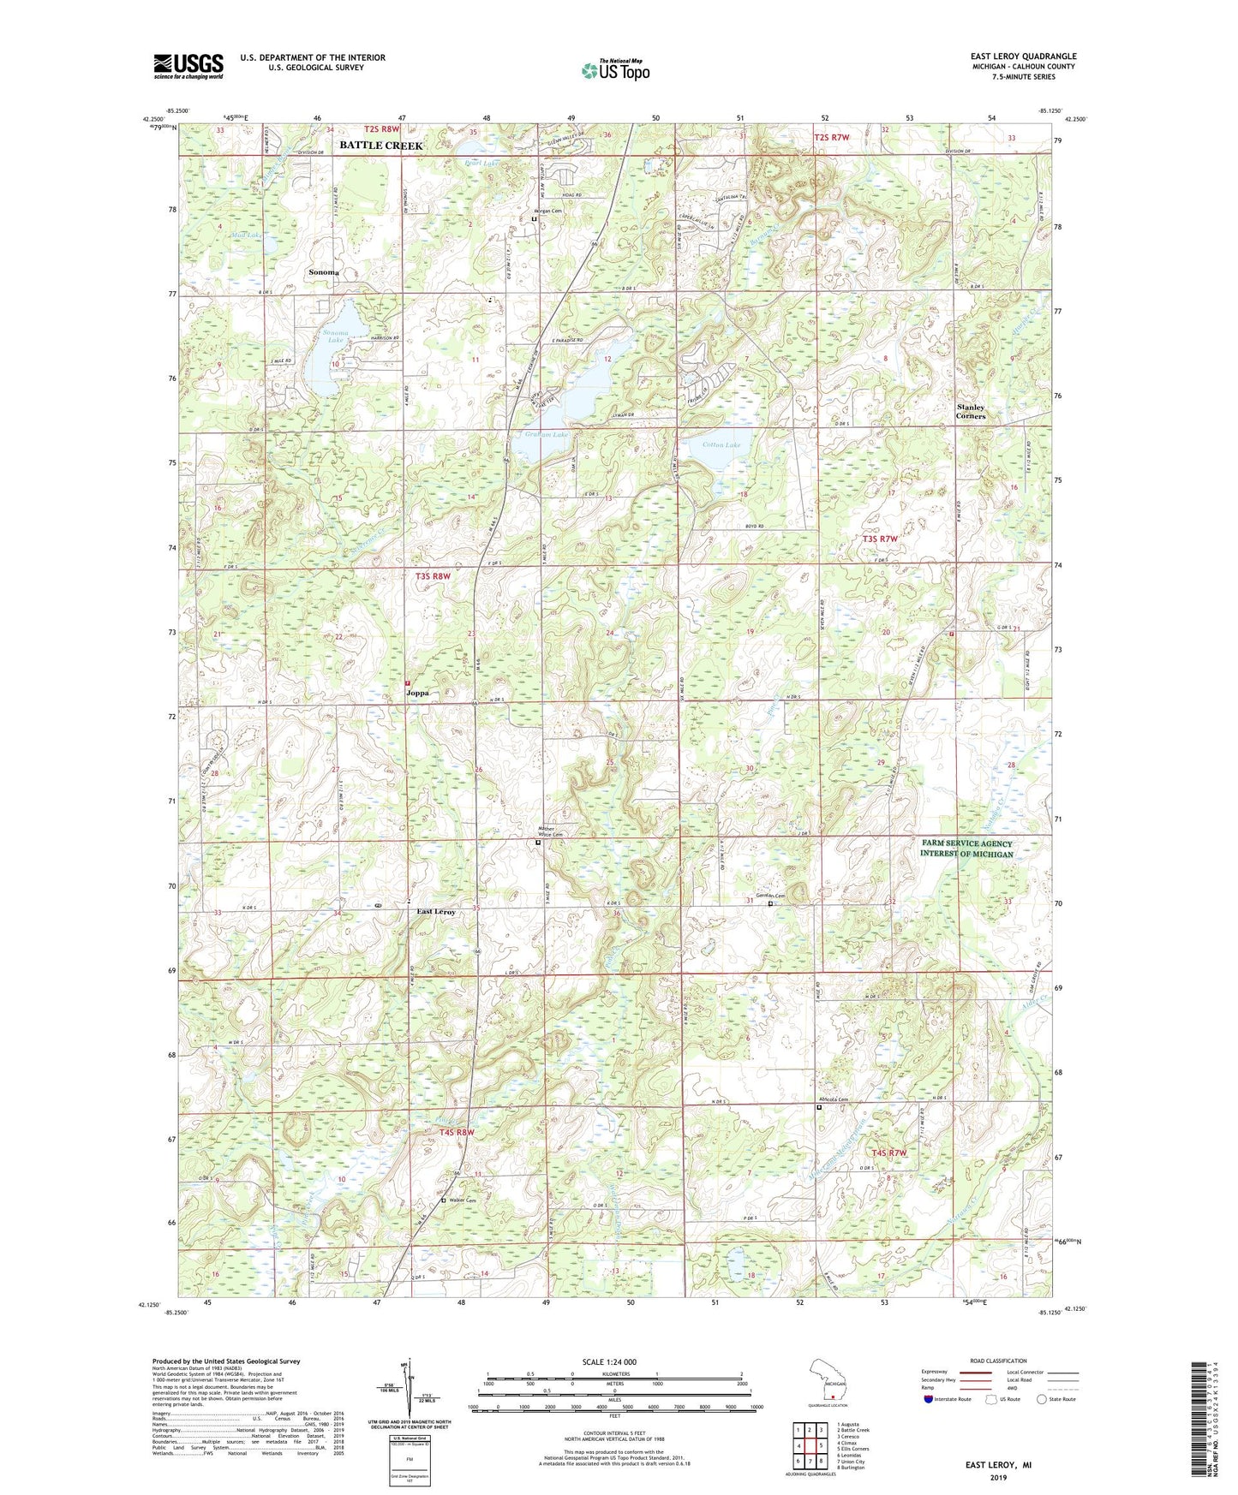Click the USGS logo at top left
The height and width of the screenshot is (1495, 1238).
click(188, 65)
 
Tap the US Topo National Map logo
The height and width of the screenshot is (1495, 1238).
click(614, 69)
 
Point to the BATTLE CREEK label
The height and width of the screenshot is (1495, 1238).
click(380, 146)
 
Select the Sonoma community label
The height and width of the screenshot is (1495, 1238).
click(324, 272)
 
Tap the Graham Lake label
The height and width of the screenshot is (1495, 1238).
click(546, 435)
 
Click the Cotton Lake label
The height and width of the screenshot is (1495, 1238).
click(721, 444)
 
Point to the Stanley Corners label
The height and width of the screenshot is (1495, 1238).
click(971, 412)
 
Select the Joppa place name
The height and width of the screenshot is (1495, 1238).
click(417, 693)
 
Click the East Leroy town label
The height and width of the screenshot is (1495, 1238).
click(436, 912)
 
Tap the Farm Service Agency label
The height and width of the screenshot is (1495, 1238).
click(966, 849)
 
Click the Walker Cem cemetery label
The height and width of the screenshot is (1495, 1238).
click(460, 1200)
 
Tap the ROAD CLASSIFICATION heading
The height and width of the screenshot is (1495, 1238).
click(998, 1361)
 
